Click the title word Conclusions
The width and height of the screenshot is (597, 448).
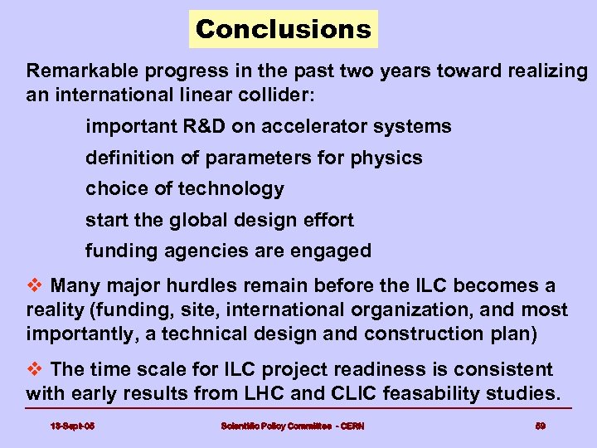(283, 30)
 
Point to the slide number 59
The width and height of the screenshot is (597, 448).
(539, 426)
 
